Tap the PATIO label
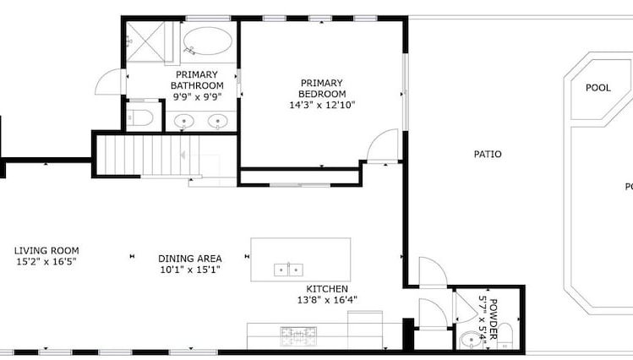(488, 155)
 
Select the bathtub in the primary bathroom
(207, 41)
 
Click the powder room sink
(469, 341)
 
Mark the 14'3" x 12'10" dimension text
(322, 106)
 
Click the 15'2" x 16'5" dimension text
(46, 262)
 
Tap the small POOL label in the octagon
(598, 87)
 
